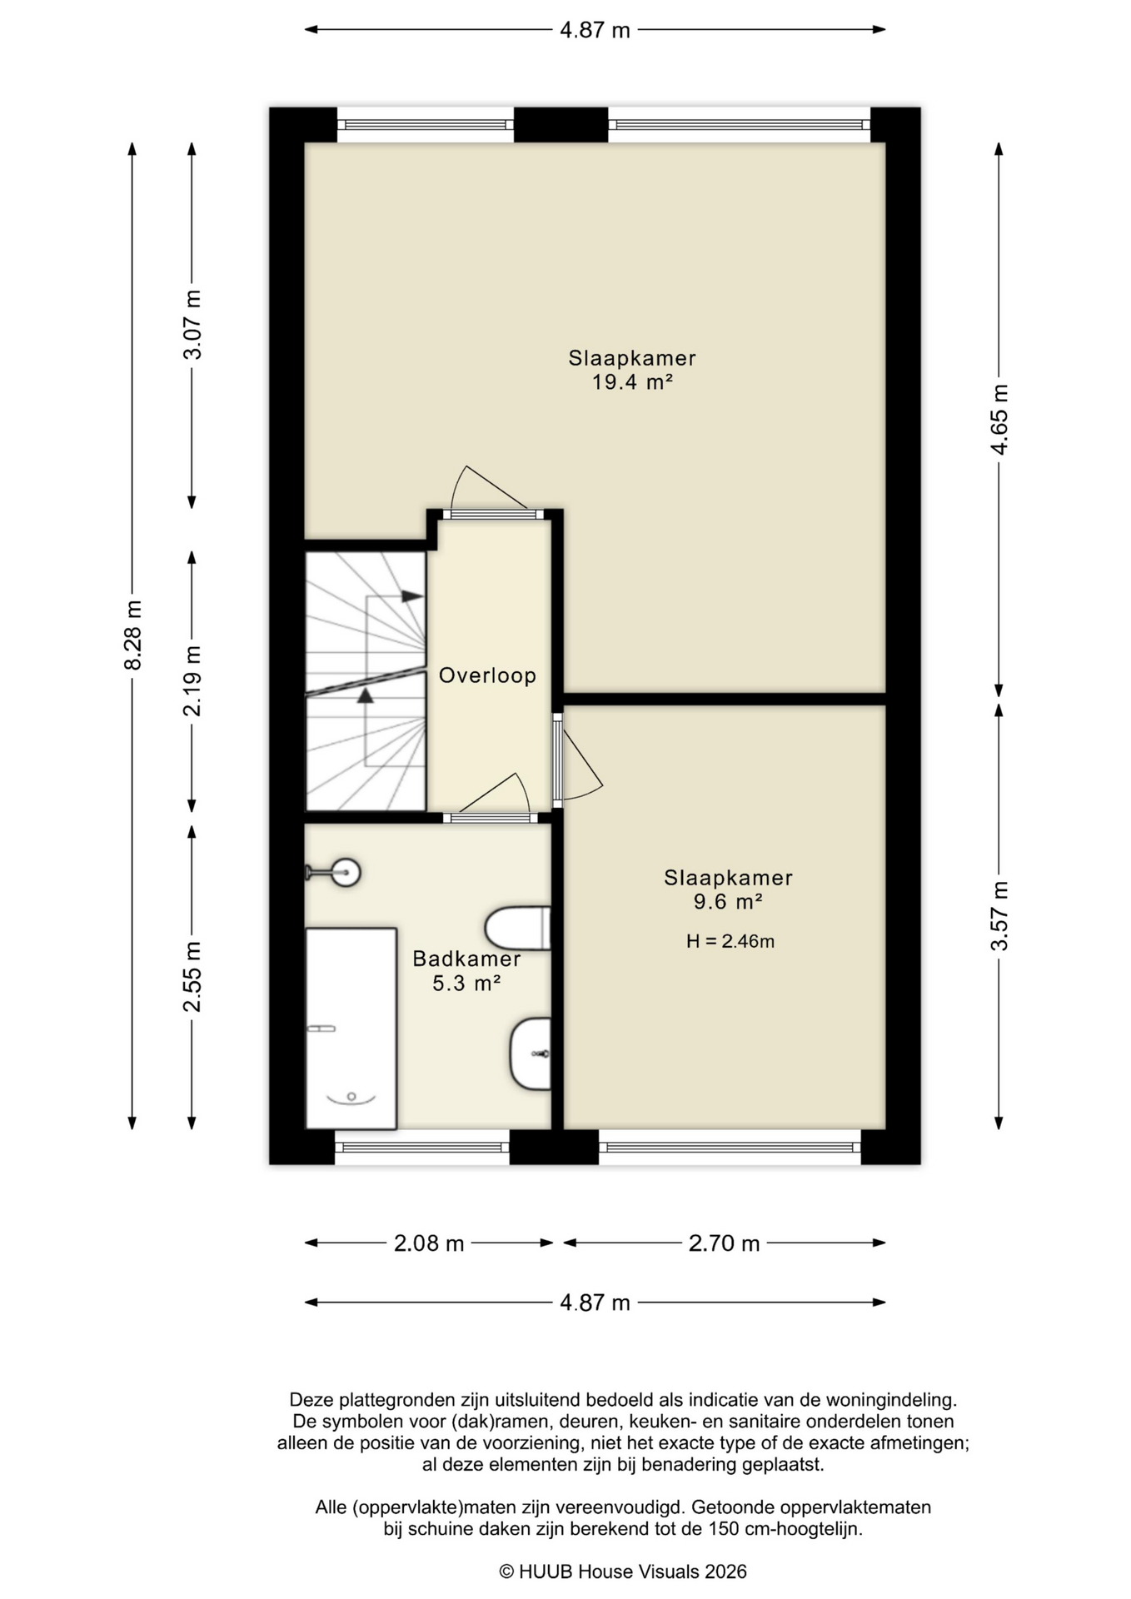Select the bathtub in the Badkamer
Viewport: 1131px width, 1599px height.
351,1029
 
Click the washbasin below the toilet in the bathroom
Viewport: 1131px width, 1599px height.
531,1054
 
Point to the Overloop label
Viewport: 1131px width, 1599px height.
487,675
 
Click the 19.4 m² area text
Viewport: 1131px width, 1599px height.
632,382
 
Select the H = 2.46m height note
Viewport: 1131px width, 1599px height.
730,941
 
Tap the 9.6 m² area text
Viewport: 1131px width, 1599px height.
729,901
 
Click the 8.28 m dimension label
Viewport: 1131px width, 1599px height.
132,635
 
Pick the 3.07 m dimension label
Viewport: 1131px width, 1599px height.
192,325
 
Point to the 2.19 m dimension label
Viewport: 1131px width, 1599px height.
192,681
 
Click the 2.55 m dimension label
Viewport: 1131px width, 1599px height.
192,977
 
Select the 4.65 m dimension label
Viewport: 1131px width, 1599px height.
999,420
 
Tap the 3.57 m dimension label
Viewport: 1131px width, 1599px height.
999,915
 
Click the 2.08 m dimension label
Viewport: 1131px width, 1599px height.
429,1243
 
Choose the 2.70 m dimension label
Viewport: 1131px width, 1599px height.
725,1243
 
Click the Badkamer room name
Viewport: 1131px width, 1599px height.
466,959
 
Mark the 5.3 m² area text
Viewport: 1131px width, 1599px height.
466,984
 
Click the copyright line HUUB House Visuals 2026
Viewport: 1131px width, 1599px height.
623,1572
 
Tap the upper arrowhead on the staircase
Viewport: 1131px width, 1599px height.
412,596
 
